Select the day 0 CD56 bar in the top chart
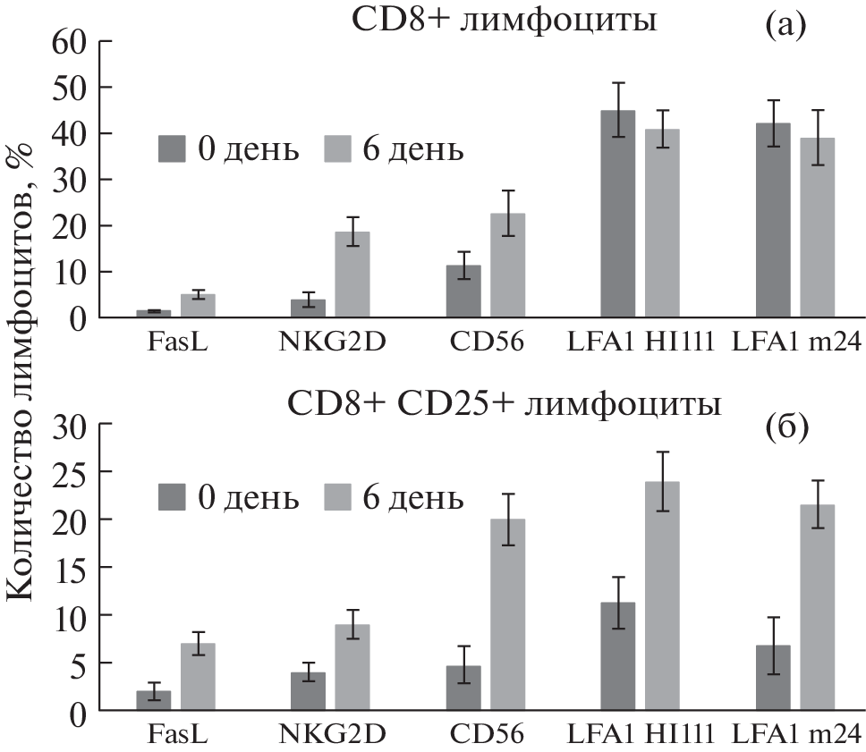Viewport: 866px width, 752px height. (x=463, y=292)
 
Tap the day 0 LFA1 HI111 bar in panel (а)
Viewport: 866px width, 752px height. (x=618, y=214)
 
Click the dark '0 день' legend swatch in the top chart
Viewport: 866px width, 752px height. (x=175, y=148)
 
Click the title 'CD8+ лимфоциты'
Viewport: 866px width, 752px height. (x=504, y=20)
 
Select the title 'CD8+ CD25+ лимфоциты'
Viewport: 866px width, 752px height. (x=505, y=405)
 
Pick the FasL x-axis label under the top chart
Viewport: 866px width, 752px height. (x=175, y=342)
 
